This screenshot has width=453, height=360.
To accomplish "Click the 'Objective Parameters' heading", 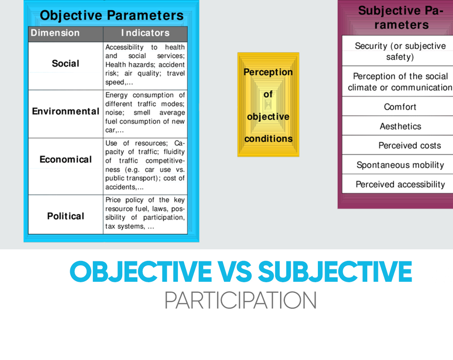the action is (112, 15).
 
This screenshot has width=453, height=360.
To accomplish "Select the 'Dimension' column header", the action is (55, 33).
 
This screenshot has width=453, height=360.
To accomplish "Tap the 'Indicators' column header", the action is (145, 33).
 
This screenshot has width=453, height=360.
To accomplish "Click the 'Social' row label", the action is (66, 64).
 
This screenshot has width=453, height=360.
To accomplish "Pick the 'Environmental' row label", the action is (66, 111).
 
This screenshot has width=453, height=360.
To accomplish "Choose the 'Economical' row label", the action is (66, 160).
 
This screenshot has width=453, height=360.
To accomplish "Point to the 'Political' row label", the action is (66, 216).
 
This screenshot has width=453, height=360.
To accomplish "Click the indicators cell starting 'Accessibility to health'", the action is (145, 65).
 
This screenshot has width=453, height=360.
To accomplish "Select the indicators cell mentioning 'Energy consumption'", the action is (145, 113).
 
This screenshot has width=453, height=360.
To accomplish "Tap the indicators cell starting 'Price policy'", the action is (145, 213).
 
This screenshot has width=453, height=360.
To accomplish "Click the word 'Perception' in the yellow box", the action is (268, 72).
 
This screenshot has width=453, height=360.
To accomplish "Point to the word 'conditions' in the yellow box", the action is (269, 139).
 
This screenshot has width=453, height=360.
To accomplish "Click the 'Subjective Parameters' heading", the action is (401, 18).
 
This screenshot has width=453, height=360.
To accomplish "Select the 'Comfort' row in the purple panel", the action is (400, 107).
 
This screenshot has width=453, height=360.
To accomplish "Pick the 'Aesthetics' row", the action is (401, 126).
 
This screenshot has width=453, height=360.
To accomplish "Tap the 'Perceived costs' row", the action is (410, 145).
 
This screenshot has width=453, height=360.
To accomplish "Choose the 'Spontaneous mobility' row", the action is (400, 165).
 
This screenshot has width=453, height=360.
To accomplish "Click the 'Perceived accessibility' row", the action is (400, 184).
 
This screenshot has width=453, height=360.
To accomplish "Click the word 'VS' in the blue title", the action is (235, 272).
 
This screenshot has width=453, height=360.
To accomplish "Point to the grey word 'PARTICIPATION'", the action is (241, 300).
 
